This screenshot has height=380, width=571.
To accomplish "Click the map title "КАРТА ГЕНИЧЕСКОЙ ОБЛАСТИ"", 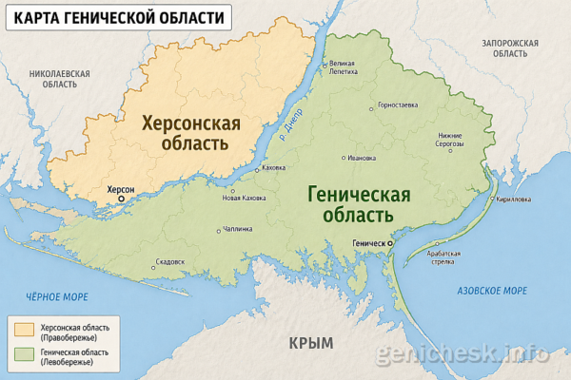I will pos(121,18).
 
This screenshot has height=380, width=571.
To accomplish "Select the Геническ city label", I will pos(368,244).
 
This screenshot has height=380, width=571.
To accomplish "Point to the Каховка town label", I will pos(273,167).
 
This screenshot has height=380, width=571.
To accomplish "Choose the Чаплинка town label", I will pos(237,229).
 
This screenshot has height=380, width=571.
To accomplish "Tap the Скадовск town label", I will pos(169,261).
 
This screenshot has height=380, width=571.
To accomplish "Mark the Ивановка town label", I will pos(362,158).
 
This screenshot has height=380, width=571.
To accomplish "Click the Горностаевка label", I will pos(398,104).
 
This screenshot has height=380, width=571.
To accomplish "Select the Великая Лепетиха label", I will pos(344,66).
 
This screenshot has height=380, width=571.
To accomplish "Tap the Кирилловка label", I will pos(514,200).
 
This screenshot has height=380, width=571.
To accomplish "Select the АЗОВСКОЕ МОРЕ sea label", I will pos(492,290).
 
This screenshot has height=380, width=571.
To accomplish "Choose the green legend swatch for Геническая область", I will pos(24,355).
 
